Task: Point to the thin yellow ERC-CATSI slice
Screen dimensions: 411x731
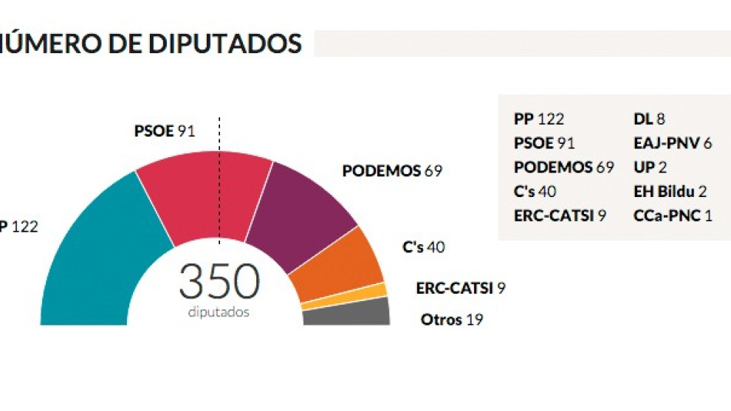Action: click(x=344, y=296)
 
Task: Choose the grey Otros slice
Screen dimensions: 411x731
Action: click(x=347, y=313)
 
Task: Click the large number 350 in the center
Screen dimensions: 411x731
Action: click(x=219, y=283)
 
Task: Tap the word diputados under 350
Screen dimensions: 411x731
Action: click(x=219, y=312)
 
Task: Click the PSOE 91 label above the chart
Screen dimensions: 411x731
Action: click(x=164, y=131)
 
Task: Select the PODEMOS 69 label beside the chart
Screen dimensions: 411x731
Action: click(x=391, y=170)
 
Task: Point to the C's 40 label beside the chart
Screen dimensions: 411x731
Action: click(x=423, y=247)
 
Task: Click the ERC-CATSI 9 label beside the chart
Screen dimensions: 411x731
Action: click(x=460, y=289)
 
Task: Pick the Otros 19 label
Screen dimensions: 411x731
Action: click(x=447, y=320)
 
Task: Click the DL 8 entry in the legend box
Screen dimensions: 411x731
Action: click(x=650, y=119)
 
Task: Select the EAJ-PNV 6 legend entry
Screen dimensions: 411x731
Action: click(x=672, y=143)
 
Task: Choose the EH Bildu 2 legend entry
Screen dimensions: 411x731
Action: click(x=670, y=192)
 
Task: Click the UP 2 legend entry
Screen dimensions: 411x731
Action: click(x=650, y=167)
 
